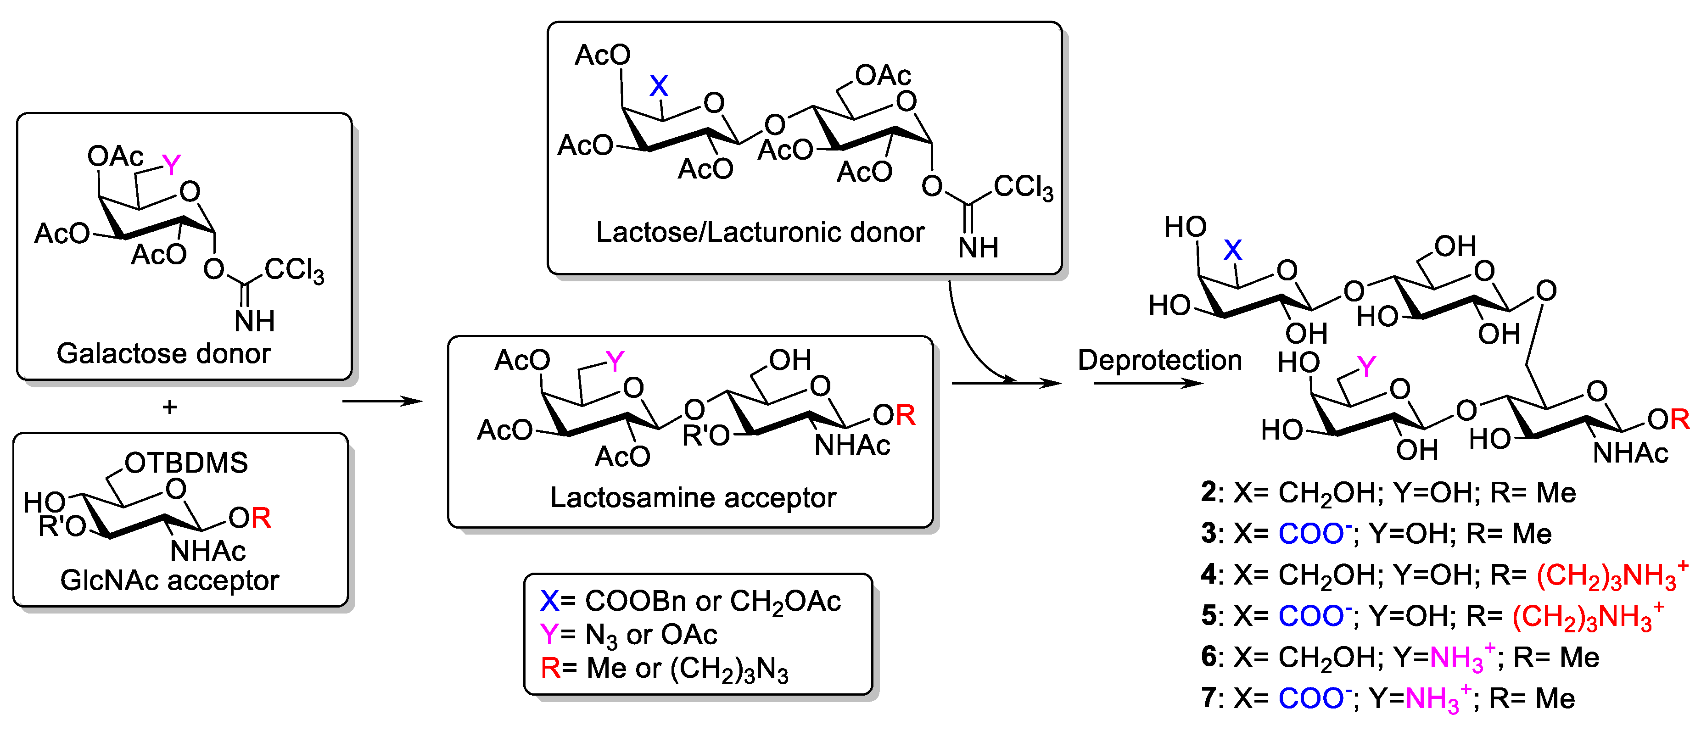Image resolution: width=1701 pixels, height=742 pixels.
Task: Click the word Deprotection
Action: (1159, 360)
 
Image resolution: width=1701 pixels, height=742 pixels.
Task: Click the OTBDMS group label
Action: (186, 463)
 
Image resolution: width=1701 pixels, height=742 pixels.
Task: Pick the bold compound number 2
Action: (1209, 492)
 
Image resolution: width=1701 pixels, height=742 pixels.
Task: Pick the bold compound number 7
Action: (1209, 698)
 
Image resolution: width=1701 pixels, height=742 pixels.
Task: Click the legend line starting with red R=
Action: (664, 669)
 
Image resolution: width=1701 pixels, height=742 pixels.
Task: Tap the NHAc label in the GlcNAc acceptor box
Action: (207, 551)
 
